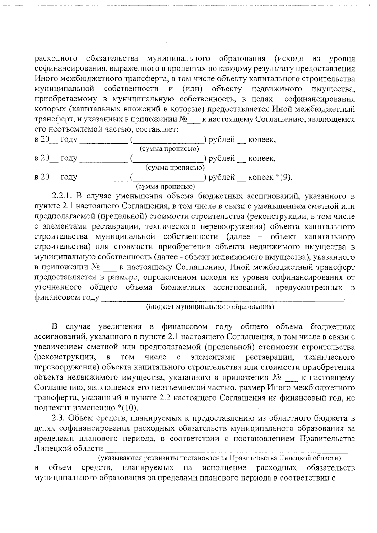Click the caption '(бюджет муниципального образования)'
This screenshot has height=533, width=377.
210,307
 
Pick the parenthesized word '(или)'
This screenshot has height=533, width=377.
192,89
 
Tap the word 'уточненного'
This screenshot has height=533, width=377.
58,287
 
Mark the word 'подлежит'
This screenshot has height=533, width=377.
52,408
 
